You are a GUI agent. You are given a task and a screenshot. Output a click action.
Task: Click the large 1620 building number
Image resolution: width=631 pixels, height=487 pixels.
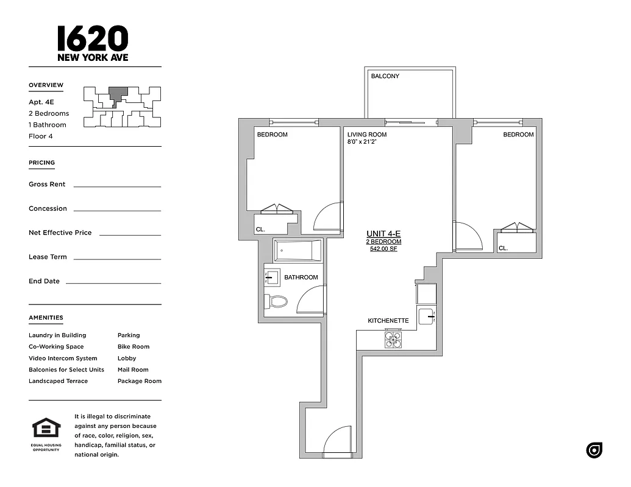point(93,38)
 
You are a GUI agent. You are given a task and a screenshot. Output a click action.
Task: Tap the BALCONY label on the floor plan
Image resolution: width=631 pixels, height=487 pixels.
point(385,76)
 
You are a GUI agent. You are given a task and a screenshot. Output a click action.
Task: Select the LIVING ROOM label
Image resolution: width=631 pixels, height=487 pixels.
point(367,135)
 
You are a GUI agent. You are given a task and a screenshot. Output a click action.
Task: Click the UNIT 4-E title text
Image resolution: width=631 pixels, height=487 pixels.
point(383,234)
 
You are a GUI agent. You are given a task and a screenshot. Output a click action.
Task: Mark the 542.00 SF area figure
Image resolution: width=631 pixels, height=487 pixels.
point(383,249)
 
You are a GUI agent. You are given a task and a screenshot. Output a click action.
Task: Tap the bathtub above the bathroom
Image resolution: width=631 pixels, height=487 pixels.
point(297,250)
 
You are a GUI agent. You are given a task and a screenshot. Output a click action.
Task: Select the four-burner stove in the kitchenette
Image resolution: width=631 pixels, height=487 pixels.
point(393,339)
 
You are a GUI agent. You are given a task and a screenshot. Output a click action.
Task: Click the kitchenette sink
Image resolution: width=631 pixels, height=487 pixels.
point(427,317)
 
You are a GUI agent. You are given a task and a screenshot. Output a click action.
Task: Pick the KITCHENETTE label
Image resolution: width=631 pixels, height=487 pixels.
point(388,321)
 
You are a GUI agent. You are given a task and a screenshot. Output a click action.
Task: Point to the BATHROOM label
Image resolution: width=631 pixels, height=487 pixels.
point(301,278)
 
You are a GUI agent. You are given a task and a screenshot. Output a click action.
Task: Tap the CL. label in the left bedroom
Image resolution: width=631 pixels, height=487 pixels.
point(260,229)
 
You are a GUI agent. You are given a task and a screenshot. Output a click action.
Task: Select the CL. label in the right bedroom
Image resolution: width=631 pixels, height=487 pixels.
point(503,248)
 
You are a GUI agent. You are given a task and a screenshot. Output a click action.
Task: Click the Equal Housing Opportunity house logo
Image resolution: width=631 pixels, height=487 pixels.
point(46,429)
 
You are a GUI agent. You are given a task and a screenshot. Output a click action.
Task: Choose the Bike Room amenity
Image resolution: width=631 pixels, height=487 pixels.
point(134,346)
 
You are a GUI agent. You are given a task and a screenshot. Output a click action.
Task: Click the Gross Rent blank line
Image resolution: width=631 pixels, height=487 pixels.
point(117,186)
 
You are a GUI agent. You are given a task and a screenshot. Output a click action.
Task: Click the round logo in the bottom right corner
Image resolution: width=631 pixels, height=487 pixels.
point(594,450)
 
